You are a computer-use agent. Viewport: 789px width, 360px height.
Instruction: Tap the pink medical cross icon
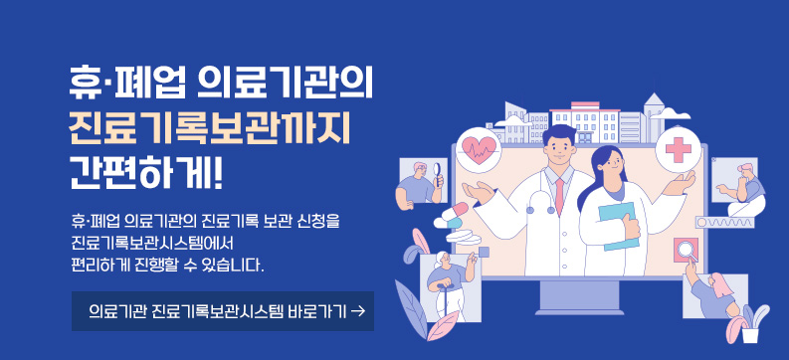point(679,150)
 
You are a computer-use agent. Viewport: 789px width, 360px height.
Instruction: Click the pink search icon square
point(686,248)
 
